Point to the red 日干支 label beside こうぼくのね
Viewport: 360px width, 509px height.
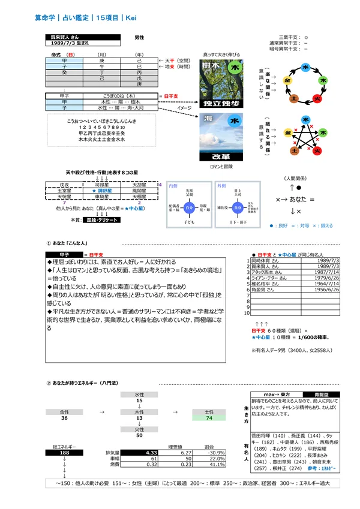point(166,96)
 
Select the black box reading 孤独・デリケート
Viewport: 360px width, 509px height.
point(103,220)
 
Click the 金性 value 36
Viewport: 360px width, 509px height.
point(64,418)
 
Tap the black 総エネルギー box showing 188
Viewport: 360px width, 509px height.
point(64,453)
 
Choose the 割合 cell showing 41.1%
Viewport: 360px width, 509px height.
point(208,464)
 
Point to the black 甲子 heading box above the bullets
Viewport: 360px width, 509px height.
point(64,254)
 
